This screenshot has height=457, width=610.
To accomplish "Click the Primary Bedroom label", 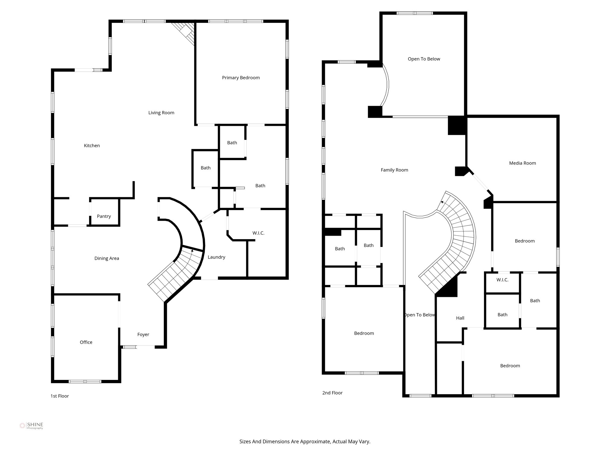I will (x=241, y=78).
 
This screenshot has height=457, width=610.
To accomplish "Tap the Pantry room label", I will (x=104, y=216).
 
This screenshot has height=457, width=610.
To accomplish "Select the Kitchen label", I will (x=92, y=145).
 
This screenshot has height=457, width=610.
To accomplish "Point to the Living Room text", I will (x=161, y=112).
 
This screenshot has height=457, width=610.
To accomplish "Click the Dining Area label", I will (x=107, y=258).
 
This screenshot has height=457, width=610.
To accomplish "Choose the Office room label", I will (x=86, y=342).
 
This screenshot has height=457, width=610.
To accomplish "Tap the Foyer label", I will (x=143, y=334).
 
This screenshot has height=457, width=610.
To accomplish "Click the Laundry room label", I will (x=216, y=257).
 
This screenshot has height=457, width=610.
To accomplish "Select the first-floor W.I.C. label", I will (x=258, y=233).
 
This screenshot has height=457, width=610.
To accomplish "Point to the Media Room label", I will (x=522, y=163).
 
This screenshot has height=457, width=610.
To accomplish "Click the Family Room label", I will (x=394, y=170).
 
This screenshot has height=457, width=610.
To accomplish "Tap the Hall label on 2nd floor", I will (x=460, y=318).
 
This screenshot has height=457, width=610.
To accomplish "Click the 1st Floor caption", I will (x=60, y=396).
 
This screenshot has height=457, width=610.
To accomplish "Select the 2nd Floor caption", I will (x=332, y=393).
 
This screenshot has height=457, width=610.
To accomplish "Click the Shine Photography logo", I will (x=31, y=426).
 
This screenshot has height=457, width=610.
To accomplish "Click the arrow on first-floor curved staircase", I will (x=192, y=252).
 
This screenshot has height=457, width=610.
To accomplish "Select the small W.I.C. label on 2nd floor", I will (x=502, y=280).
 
